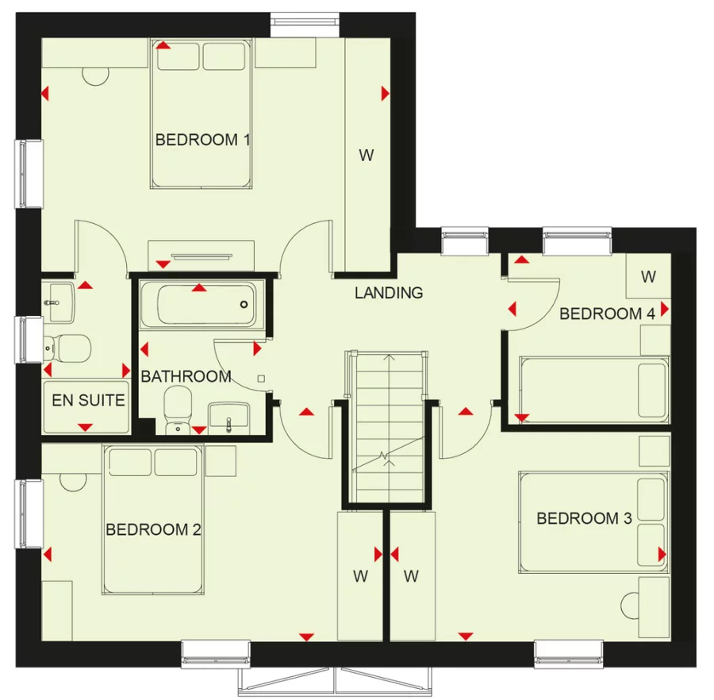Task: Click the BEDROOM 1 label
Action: click(x=202, y=140)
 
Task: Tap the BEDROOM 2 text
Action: click(x=153, y=529)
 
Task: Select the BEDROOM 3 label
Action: click(x=584, y=519)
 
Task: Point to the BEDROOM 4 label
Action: click(x=607, y=314)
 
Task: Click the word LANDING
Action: click(x=389, y=293)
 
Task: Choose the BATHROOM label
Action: click(x=186, y=376)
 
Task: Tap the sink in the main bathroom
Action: click(x=229, y=418)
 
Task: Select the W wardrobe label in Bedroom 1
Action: click(x=366, y=156)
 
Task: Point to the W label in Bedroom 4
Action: click(x=648, y=277)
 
